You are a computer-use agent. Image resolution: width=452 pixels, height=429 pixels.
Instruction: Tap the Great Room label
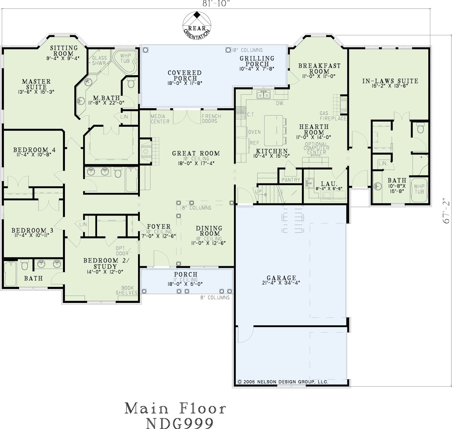(x=196, y=153)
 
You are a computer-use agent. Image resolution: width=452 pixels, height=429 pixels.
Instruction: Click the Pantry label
(x=291, y=180)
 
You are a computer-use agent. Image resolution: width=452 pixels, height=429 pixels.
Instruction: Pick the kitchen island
(x=274, y=130)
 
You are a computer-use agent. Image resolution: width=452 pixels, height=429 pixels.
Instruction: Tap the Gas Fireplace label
(x=333, y=116)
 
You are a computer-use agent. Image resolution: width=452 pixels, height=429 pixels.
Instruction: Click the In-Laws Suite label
(x=390, y=81)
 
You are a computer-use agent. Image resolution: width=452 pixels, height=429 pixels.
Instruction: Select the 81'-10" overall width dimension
(x=216, y=3)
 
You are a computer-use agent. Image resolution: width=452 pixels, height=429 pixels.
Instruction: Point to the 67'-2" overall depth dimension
(x=446, y=210)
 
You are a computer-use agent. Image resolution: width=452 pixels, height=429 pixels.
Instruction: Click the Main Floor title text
(x=176, y=408)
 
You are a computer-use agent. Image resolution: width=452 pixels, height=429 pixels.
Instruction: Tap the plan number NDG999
(x=180, y=423)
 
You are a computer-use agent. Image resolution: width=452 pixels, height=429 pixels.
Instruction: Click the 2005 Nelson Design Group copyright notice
(x=283, y=382)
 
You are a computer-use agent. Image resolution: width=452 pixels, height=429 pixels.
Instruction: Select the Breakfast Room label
(x=319, y=68)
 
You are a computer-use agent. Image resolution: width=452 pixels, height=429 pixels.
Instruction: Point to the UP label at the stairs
(x=258, y=191)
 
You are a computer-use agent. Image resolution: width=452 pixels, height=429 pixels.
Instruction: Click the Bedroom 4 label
(x=34, y=150)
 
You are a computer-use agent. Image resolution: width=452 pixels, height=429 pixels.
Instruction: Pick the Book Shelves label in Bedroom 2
(x=127, y=290)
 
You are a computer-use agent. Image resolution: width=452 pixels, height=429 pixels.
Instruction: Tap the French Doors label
(x=211, y=119)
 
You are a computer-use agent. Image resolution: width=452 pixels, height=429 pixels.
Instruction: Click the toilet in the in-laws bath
(x=420, y=129)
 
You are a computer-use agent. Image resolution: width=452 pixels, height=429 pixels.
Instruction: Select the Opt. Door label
(x=122, y=251)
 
